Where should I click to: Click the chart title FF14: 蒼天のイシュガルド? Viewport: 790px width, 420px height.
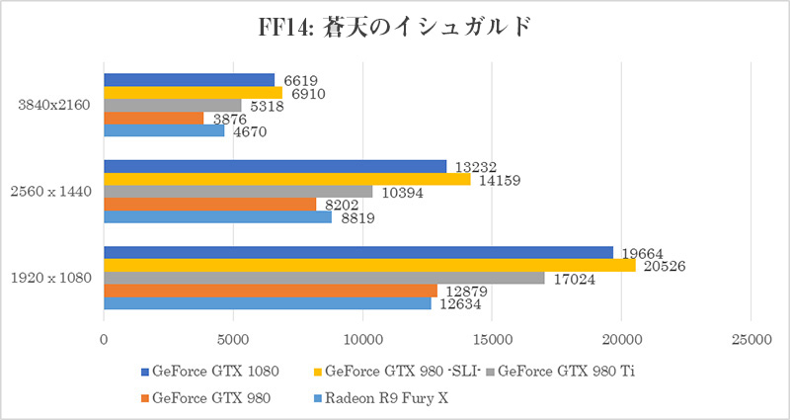click(395, 25)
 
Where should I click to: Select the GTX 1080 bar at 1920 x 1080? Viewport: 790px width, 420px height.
click(357, 252)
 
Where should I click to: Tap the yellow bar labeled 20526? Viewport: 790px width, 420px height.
click(369, 265)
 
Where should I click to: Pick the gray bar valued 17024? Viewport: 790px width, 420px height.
click(324, 278)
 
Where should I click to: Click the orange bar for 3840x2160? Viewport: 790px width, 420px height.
click(153, 118)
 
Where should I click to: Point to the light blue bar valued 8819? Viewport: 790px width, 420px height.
click(217, 217)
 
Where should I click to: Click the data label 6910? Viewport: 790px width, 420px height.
click(306, 93)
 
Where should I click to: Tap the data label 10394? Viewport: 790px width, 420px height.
click(403, 192)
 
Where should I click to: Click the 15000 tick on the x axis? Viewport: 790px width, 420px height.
click(492, 339)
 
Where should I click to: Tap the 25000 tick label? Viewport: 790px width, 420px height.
click(750, 339)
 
